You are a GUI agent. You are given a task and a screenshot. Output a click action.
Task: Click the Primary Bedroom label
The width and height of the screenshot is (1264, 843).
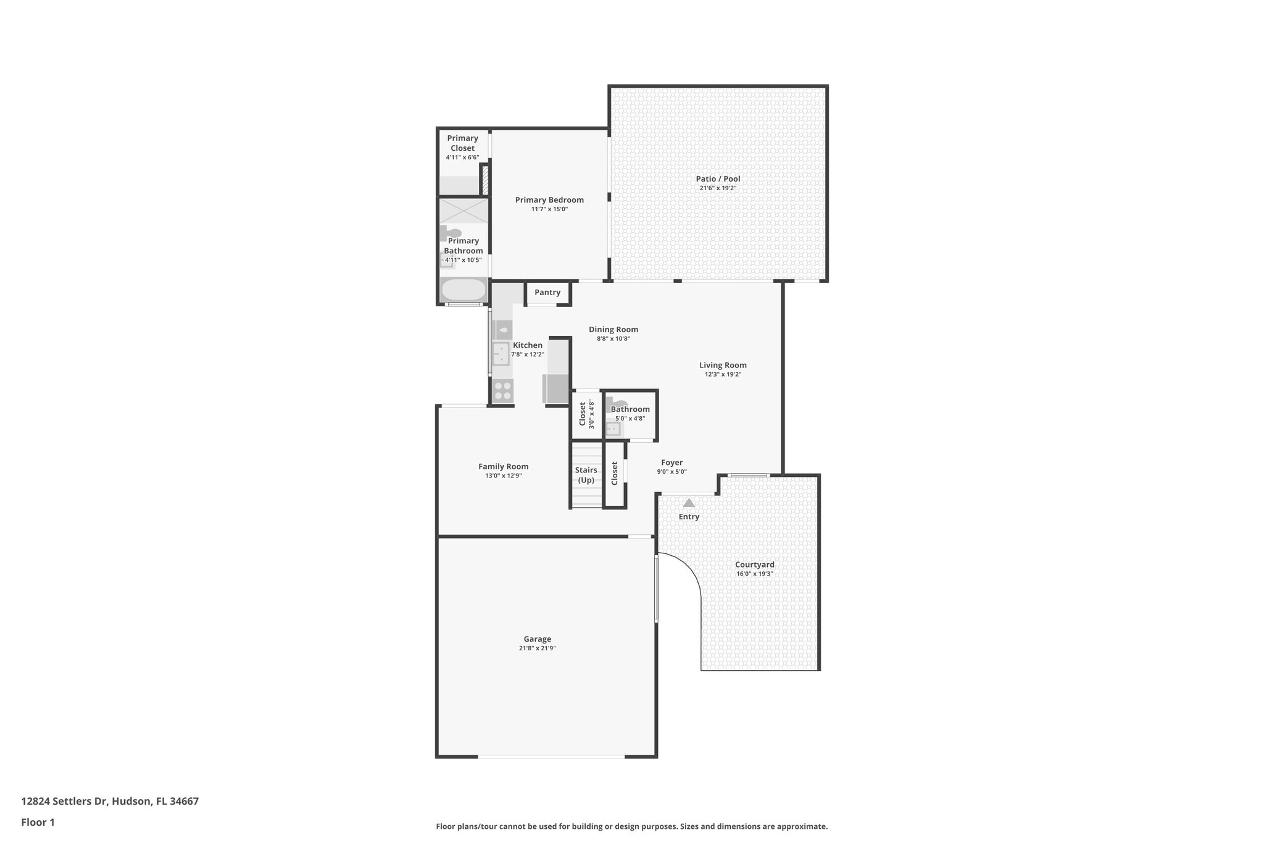click(549, 199)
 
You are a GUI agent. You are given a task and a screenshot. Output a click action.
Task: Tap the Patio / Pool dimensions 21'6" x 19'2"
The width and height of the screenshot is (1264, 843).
click(718, 188)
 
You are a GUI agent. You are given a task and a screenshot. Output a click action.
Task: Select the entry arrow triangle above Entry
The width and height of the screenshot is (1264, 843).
click(689, 503)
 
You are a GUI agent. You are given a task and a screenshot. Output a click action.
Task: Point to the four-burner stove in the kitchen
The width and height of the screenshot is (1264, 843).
click(502, 390)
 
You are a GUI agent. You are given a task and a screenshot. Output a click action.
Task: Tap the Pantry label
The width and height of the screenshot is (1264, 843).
click(547, 293)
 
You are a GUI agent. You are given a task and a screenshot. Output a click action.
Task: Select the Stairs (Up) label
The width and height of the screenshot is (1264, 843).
click(586, 475)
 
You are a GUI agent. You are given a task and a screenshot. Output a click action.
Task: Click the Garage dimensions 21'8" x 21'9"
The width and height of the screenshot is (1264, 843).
click(537, 648)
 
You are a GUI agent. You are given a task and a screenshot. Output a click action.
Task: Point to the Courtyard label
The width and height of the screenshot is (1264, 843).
click(754, 564)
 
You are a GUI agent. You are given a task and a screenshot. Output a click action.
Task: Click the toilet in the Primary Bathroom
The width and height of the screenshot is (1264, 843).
click(452, 233)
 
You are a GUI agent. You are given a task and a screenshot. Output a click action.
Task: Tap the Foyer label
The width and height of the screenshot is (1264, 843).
click(671, 463)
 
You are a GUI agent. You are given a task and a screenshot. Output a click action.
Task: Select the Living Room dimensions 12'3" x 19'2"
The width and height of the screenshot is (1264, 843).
click(723, 374)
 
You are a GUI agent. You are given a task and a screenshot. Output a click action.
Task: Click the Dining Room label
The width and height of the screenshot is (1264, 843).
click(613, 329)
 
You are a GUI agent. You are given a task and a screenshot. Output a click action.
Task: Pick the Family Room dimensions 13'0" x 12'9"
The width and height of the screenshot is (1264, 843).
click(503, 476)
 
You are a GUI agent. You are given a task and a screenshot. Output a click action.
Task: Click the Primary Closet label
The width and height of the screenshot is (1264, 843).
click(462, 143)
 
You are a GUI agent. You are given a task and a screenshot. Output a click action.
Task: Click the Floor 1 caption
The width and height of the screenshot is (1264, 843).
click(38, 822)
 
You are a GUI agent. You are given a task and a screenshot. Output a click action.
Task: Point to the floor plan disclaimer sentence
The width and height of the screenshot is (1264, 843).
click(631, 826)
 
